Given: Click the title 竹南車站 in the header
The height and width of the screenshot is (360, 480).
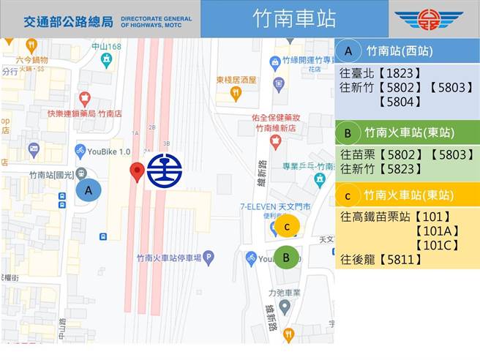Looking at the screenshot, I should (295, 19).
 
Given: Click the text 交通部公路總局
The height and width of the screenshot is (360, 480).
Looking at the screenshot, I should (67, 20).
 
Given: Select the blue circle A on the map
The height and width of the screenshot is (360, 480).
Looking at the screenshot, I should (89, 190).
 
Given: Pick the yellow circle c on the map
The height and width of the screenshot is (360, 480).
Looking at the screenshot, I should (288, 227).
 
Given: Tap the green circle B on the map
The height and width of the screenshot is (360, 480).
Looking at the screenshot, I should (287, 257).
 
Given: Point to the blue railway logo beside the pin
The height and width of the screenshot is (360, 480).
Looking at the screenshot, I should (165, 170).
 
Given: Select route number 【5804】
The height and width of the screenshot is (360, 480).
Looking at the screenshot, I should (398, 102).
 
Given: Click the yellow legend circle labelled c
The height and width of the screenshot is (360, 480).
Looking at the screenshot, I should (349, 195).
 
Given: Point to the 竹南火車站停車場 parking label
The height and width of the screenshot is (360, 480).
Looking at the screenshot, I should (169, 258).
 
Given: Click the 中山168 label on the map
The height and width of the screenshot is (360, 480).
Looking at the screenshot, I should (106, 47).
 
